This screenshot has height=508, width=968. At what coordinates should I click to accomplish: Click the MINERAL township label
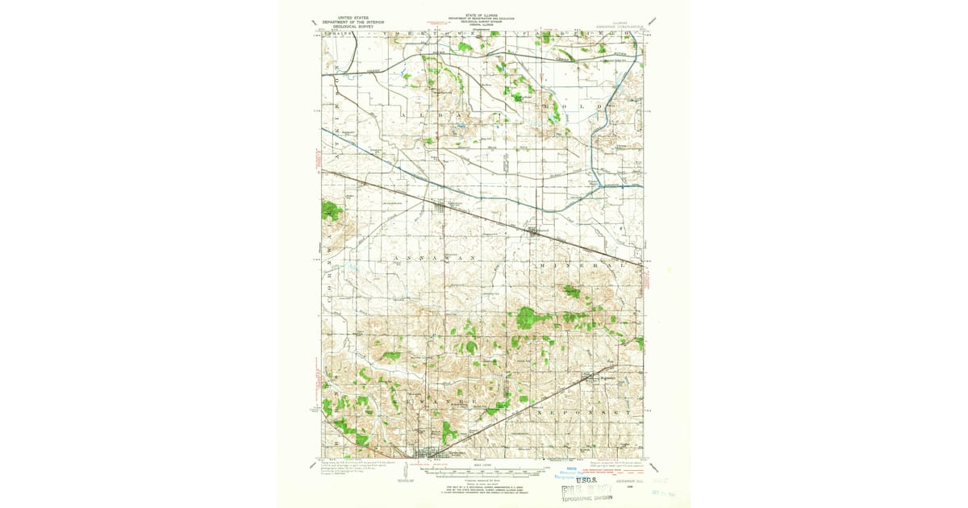[x=582, y=264]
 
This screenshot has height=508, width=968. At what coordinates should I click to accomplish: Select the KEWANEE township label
[x=443, y=400]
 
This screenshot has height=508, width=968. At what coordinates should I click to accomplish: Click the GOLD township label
[x=577, y=106]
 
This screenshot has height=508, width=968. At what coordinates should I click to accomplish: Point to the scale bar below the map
[x=484, y=470]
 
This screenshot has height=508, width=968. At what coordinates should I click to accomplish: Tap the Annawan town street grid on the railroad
[x=440, y=207]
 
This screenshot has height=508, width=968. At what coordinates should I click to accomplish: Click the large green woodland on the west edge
[x=331, y=210]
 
